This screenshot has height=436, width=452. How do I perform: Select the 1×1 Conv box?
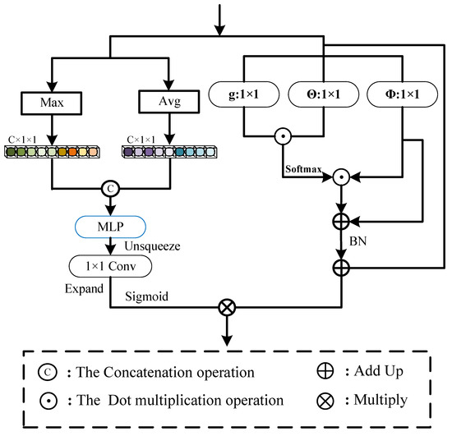pos(111,267)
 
